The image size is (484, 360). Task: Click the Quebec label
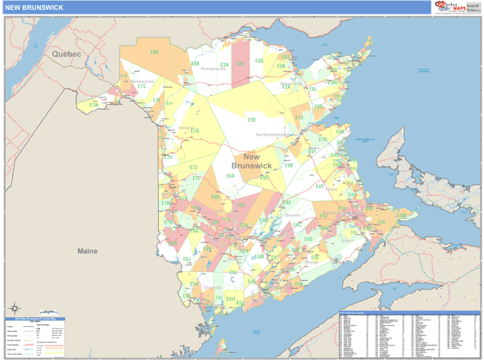pyautogui.click(x=67, y=53)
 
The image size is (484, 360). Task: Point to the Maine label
pyautogui.click(x=87, y=251)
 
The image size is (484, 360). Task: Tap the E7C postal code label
pyautogui.click(x=142, y=86)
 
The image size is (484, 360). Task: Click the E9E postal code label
pyautogui.click(x=252, y=119)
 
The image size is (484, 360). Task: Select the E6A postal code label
pyautogui.click(x=231, y=176)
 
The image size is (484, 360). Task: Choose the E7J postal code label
pyautogui.click(x=194, y=168)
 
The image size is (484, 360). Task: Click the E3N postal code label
pyautogui.click(x=224, y=65)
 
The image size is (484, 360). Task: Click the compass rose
pyautogui.click(x=15, y=308)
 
